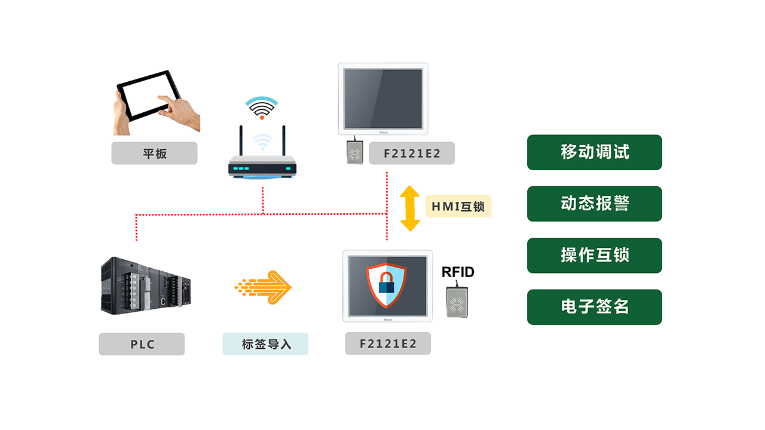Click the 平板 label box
(x=154, y=153)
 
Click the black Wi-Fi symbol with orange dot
(x=262, y=108)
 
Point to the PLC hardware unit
(x=145, y=285)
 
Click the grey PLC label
(x=142, y=344)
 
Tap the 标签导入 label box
(x=265, y=344)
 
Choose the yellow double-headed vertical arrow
(x=410, y=208)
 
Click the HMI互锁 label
(x=458, y=207)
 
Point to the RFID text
(x=458, y=272)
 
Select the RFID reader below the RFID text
(x=457, y=302)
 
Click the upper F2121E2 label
(x=412, y=153)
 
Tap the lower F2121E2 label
(x=388, y=344)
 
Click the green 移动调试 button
(x=595, y=152)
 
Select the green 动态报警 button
(x=595, y=204)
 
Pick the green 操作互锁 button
(x=595, y=256)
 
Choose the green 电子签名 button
(x=595, y=307)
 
